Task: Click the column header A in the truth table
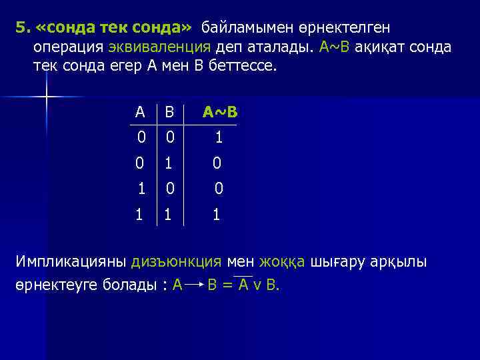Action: tap(139, 112)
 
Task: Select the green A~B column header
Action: tap(220, 112)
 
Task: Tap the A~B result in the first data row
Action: tap(218, 138)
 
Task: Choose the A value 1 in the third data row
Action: tap(141, 189)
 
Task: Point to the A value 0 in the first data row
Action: tap(141, 138)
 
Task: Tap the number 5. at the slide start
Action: tap(23, 28)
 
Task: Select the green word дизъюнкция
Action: tap(177, 261)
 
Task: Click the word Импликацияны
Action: tap(71, 261)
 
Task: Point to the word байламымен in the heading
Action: tap(250, 28)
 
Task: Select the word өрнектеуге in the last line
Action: tap(57, 285)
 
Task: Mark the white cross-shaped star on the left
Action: tap(47, 97)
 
